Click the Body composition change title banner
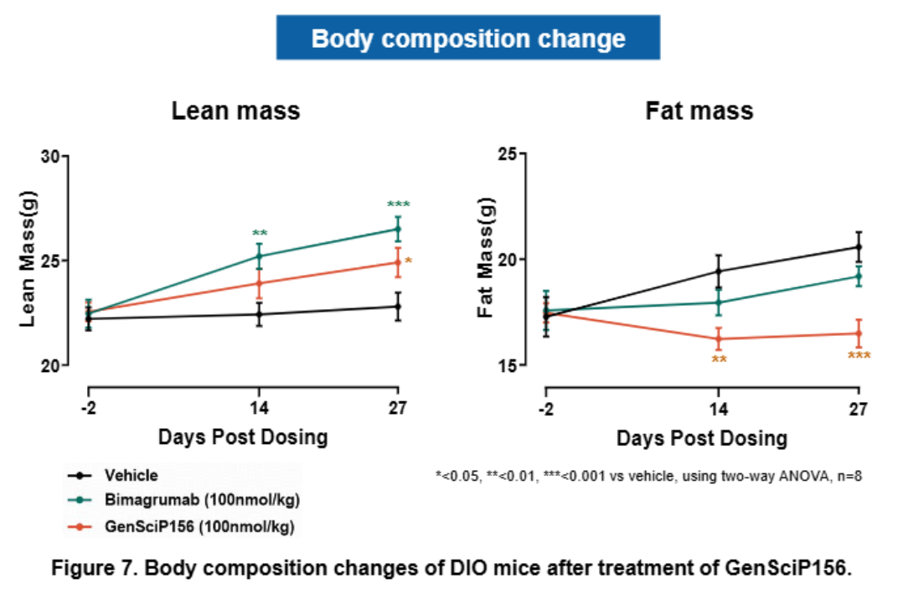click(x=468, y=38)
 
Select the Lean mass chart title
click(x=235, y=111)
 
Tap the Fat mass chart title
click(x=699, y=111)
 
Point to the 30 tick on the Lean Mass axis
click(x=53, y=156)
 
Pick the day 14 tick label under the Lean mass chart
click(x=258, y=409)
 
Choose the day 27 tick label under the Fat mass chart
click(x=858, y=409)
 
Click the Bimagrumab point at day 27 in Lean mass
click(x=398, y=229)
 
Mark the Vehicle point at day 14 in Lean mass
click(x=259, y=314)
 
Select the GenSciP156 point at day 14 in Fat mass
click(x=718, y=338)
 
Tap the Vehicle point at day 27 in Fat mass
click(x=858, y=246)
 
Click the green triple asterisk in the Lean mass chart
click(x=398, y=204)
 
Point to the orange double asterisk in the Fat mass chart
click(x=718, y=359)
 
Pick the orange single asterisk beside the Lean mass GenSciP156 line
click(x=408, y=261)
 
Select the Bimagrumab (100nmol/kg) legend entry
click(x=201, y=500)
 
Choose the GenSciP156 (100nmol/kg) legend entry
click(x=201, y=526)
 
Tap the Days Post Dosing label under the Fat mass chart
click(x=702, y=437)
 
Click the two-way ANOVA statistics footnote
click(x=648, y=475)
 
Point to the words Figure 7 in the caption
click(x=89, y=568)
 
